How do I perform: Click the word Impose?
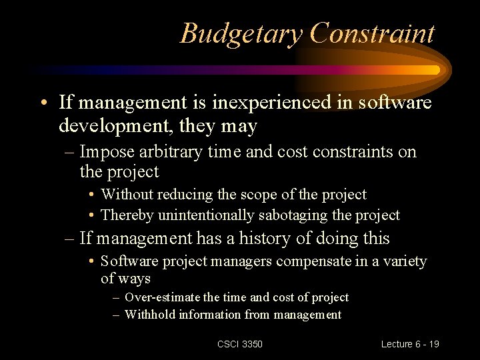(x=104, y=152)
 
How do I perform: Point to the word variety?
(x=403, y=261)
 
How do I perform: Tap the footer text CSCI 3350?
(x=240, y=344)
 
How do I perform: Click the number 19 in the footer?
(x=433, y=344)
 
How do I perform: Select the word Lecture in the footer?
(x=397, y=344)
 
